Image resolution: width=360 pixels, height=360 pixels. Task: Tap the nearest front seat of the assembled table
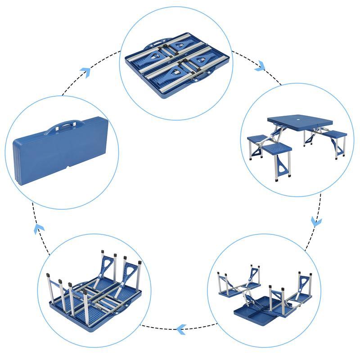point(277,148)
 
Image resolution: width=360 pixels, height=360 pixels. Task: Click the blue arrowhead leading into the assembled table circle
point(260,67)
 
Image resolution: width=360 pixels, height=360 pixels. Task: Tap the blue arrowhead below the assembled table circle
point(316,221)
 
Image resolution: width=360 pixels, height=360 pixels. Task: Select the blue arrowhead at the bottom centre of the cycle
point(181,330)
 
